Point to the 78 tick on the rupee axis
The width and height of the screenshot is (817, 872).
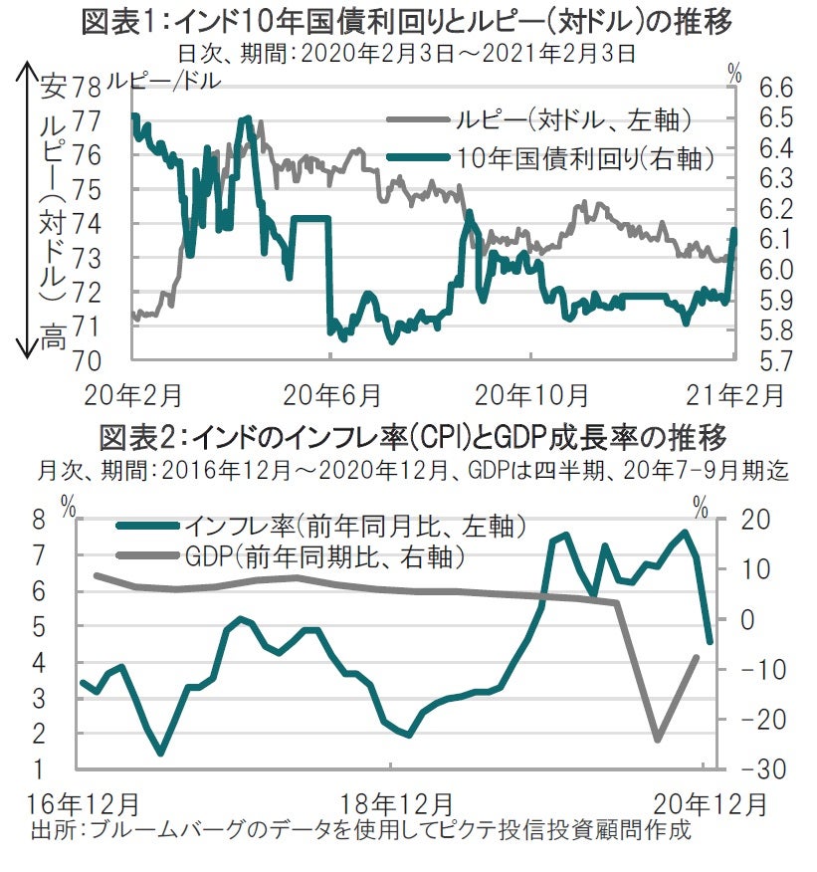tap(89, 89)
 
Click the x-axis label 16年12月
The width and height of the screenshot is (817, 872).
tap(84, 802)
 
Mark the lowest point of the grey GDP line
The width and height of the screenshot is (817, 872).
tap(657, 740)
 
